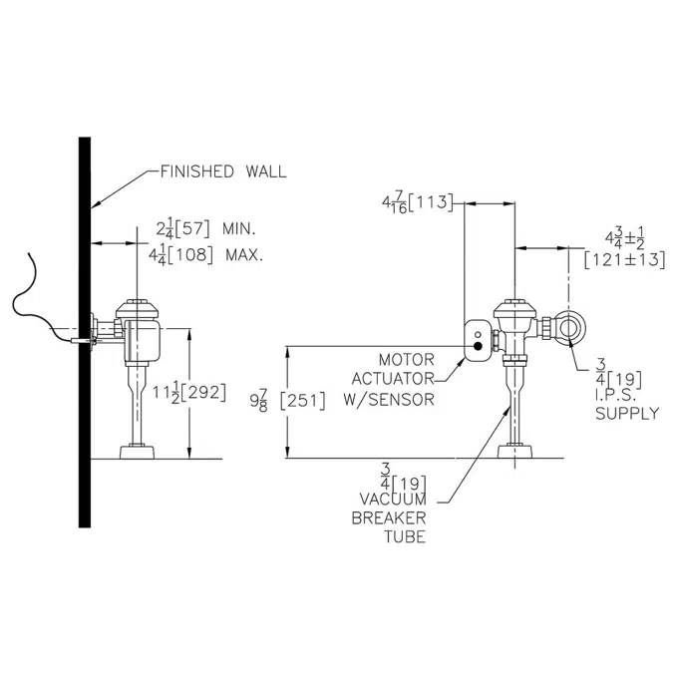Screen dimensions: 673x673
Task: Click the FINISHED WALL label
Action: point(223,171)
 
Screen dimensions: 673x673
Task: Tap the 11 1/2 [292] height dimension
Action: point(189,393)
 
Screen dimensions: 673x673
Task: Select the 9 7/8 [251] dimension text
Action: point(287,401)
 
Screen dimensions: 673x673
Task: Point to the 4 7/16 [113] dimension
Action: point(417,202)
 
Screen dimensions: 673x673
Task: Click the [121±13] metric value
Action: point(624,260)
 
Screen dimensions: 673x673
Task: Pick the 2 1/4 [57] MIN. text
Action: point(205,229)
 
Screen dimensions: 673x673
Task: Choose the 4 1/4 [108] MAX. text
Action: point(205,256)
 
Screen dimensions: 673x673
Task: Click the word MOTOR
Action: point(407,359)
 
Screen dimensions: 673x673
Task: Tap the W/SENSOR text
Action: point(389,400)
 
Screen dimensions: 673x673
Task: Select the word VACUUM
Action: point(393,500)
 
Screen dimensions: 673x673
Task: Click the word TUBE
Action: point(405,537)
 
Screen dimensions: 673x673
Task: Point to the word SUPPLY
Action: point(627,414)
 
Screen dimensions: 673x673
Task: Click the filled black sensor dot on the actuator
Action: point(478,346)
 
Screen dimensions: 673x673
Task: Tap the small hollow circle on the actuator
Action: point(478,334)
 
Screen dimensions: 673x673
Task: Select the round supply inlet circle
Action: point(570,327)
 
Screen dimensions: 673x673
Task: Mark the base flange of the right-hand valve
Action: point(515,452)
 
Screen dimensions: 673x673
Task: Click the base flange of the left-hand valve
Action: point(137,453)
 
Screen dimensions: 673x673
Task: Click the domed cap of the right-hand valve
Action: point(515,309)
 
